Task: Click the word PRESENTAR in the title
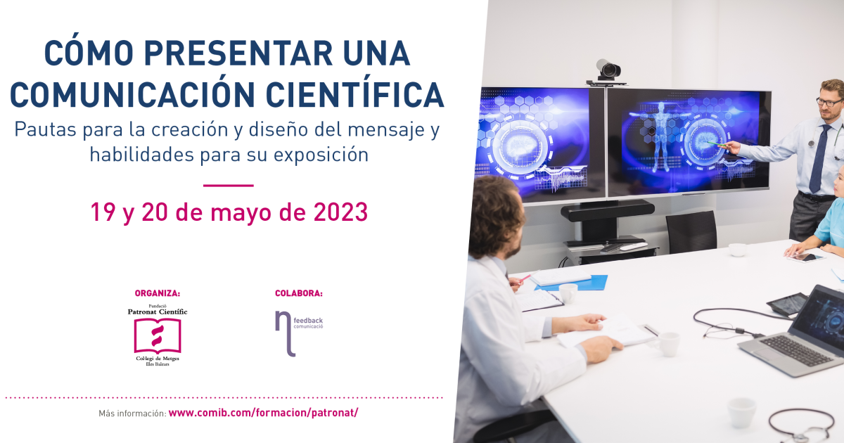[238, 53]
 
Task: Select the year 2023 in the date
[340, 212]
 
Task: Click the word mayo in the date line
[241, 213]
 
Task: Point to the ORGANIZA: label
[158, 293]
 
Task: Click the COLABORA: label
[299, 293]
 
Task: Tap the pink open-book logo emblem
[158, 335]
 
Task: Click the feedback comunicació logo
[299, 333]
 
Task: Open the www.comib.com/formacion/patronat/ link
[263, 413]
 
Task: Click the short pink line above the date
[229, 186]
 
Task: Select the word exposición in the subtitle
[321, 155]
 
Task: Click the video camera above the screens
[607, 71]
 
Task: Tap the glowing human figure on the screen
[661, 136]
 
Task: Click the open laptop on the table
[796, 331]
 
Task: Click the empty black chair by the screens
[691, 231]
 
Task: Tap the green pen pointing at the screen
[718, 144]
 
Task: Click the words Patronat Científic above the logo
[158, 312]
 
